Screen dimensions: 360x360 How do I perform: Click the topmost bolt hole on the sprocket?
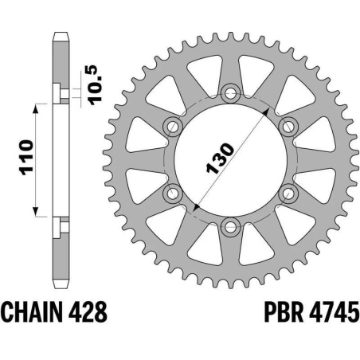(x=229, y=92)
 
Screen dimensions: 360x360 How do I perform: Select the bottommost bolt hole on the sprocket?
(x=229, y=227)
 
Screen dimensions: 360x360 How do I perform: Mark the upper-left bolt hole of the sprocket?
(x=171, y=125)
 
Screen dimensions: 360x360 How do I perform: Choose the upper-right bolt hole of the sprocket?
(x=288, y=125)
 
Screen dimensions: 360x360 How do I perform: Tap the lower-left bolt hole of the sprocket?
(x=171, y=193)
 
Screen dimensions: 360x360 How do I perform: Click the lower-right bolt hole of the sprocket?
(x=288, y=193)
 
